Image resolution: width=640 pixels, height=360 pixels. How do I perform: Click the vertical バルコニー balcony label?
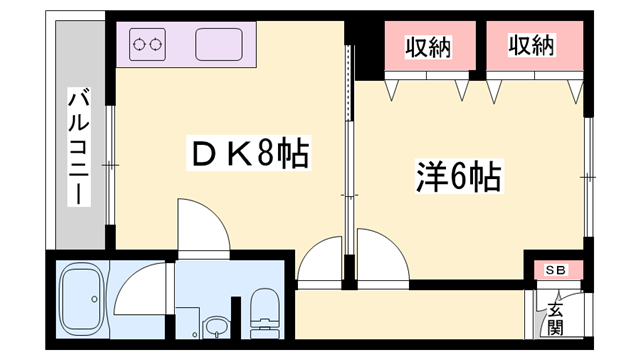[78, 146]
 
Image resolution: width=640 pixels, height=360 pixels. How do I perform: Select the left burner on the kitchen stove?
[141, 44]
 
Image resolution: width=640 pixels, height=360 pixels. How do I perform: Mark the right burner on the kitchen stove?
[157, 44]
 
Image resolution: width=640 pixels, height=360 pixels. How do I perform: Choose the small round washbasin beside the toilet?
[215, 327]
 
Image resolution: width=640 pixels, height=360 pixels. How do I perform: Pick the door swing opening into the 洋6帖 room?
[380, 255]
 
